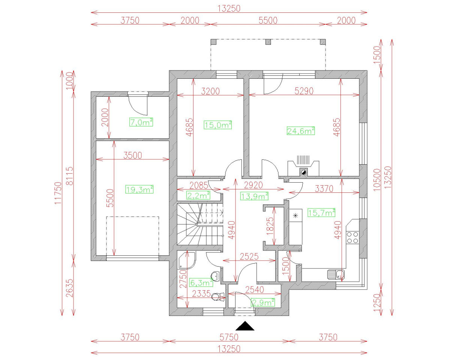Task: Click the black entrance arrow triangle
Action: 245,326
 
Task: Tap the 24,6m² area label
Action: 300,131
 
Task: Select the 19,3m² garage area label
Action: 139,190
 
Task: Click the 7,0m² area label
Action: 141,122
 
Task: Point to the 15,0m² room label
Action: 218,125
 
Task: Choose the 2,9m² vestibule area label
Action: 263,302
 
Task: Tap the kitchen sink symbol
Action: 336,275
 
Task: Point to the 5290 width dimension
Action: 304,91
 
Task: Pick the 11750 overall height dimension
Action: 58,193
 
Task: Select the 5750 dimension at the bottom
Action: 229,337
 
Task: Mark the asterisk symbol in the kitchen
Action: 295,216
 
